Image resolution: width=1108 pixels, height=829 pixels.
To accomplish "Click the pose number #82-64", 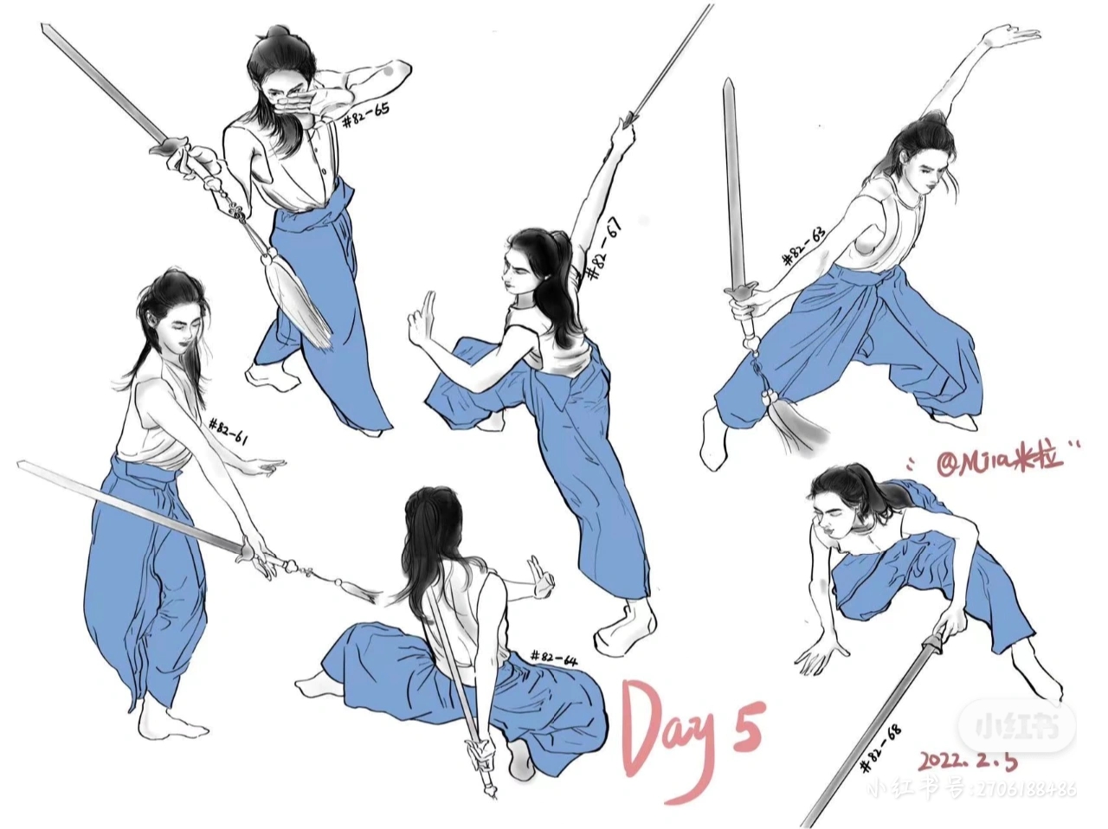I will pyautogui.click(x=553, y=659).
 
